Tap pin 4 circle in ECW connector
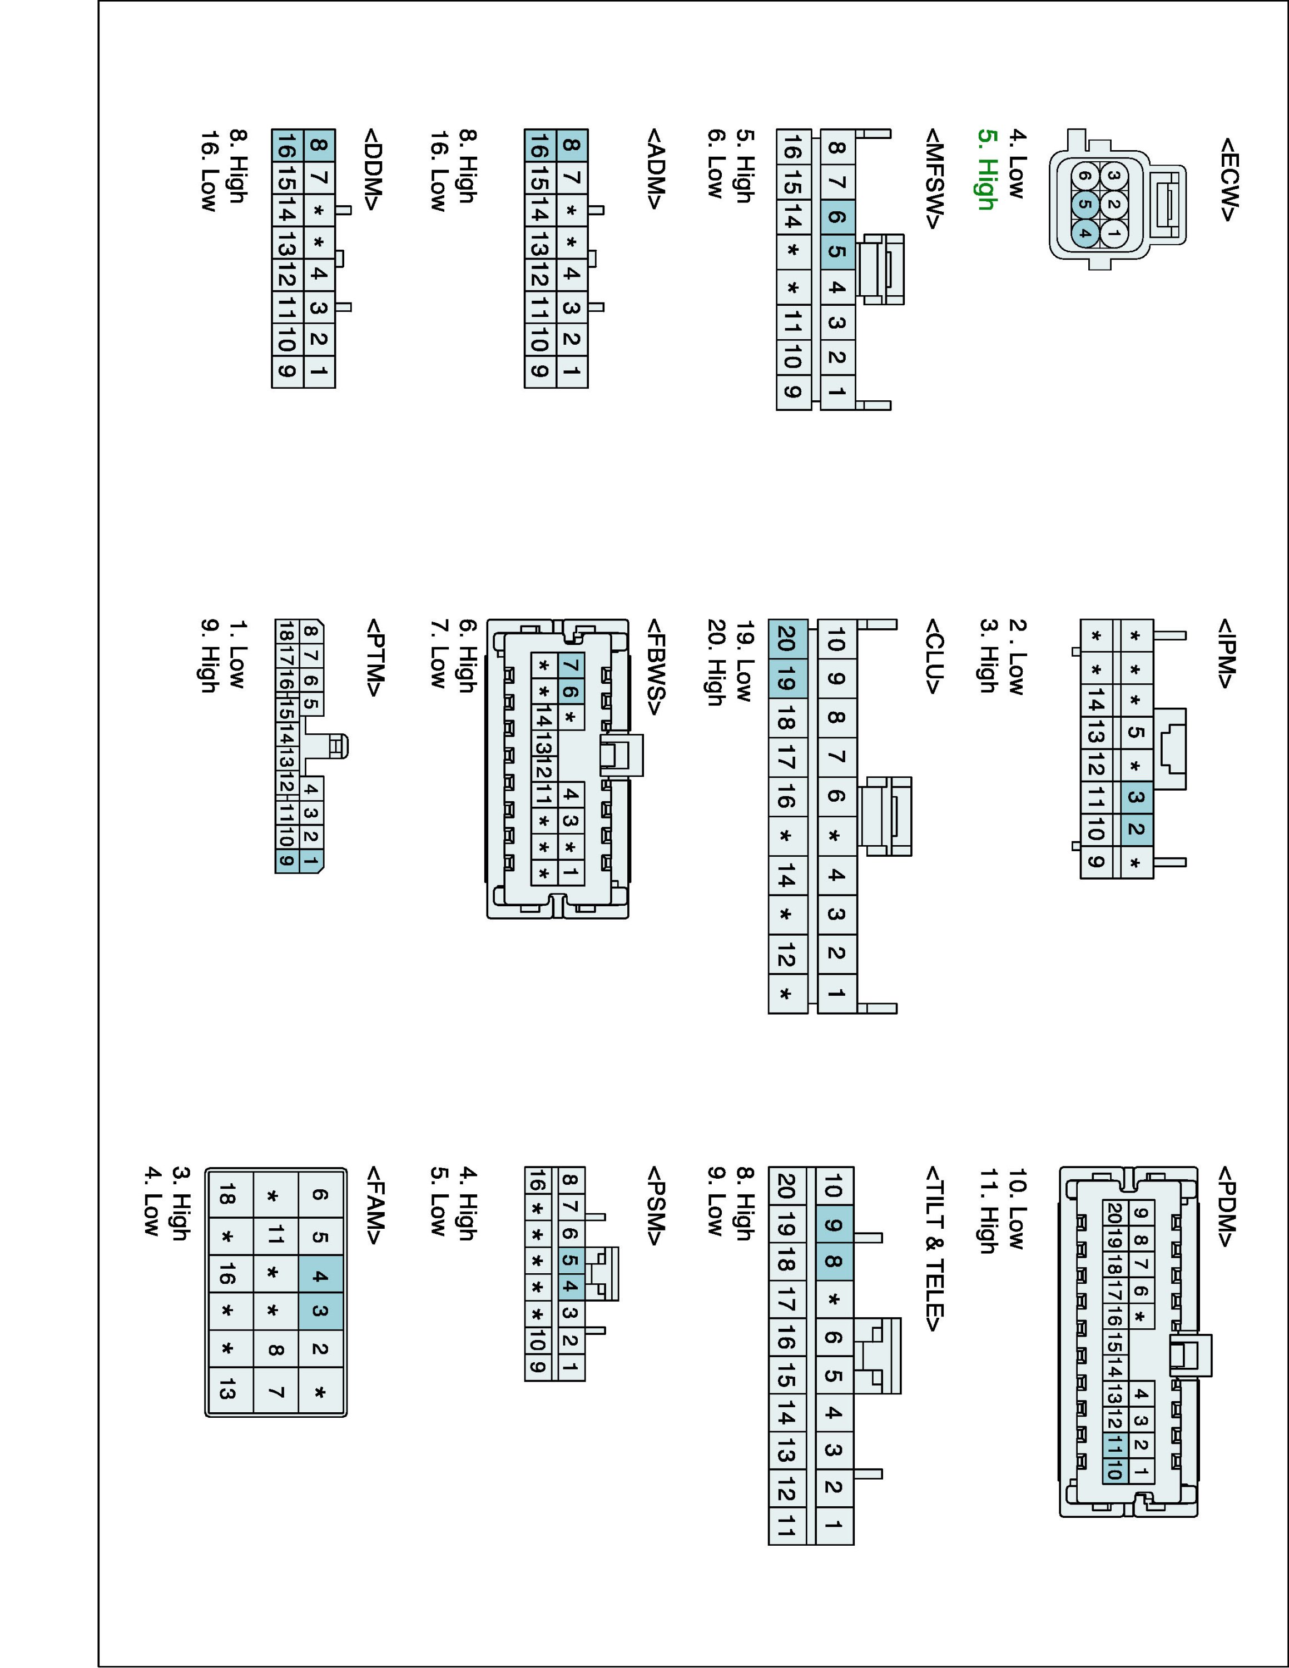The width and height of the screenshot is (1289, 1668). (x=1084, y=233)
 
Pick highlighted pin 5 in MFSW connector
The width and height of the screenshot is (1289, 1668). (x=837, y=251)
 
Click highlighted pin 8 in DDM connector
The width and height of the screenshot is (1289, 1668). (x=319, y=145)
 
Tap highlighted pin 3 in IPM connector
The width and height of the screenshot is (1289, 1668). (x=1136, y=797)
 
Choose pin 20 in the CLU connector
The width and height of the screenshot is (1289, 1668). (x=787, y=638)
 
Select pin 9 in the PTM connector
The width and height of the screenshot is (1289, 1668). (x=286, y=861)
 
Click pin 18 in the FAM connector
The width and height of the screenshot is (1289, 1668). (x=227, y=1196)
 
